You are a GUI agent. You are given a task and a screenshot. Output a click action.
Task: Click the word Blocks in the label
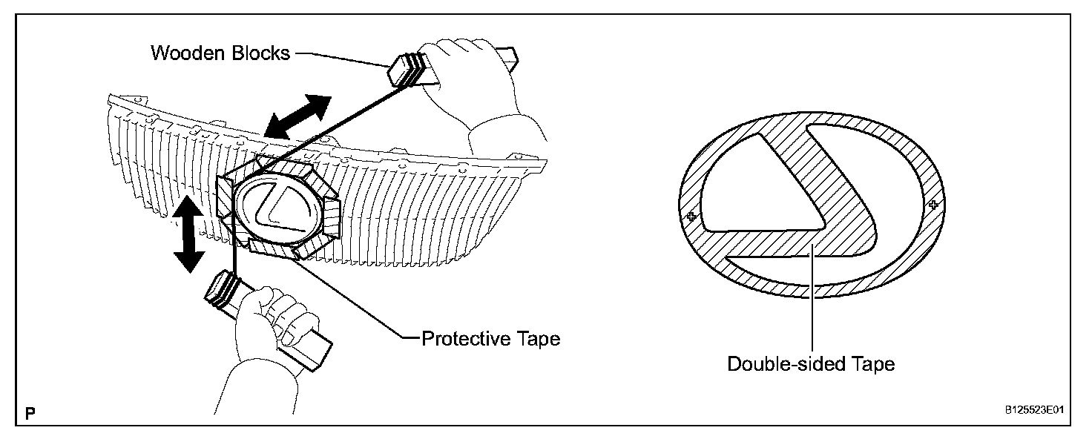258,53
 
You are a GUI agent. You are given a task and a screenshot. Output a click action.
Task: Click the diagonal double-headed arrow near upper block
295,116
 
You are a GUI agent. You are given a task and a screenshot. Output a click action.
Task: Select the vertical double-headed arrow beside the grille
188,235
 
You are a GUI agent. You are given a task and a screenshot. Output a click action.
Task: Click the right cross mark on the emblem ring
933,204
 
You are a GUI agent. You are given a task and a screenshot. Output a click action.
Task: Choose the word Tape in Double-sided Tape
870,364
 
